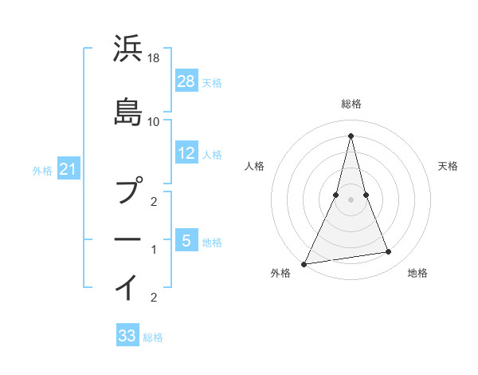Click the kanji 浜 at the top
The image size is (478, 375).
coord(128,49)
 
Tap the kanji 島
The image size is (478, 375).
coord(128,111)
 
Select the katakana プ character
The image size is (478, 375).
coord(128,191)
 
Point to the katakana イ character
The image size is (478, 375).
coord(128,286)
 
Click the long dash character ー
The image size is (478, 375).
coord(128,239)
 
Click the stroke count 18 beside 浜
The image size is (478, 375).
coord(154,58)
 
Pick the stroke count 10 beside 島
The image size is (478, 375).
coord(154,121)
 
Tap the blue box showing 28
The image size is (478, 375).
coord(186,81)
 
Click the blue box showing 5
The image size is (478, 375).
coord(186,239)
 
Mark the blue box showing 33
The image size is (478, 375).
coord(127,336)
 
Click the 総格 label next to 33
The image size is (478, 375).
coord(153,337)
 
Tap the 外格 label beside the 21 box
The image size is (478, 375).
coord(42,170)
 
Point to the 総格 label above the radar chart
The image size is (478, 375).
coord(351,104)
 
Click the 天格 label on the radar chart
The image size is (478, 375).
coord(448,166)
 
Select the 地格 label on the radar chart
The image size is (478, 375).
coord(417,273)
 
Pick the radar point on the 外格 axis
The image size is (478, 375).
coord(304,263)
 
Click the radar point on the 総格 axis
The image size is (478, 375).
coord(351,136)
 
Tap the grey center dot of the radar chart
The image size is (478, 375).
coord(351,199)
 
